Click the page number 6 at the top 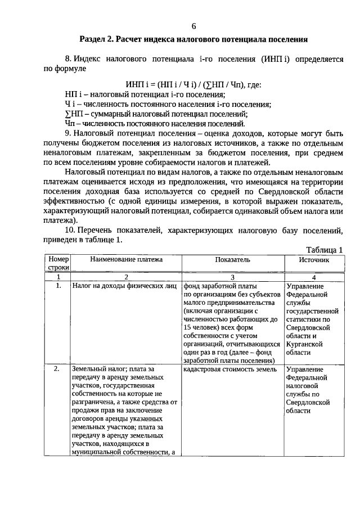click(193, 26)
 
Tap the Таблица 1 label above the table click(324, 249)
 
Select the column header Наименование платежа click(126, 259)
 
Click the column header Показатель click(232, 259)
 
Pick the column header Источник click(314, 259)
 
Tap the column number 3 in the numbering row click(232, 277)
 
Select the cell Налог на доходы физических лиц click(124, 286)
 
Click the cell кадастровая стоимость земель click(230, 370)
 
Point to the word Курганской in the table click(304, 344)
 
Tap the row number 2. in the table click(57, 370)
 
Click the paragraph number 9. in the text click(69, 132)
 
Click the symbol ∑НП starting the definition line click(74, 113)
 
